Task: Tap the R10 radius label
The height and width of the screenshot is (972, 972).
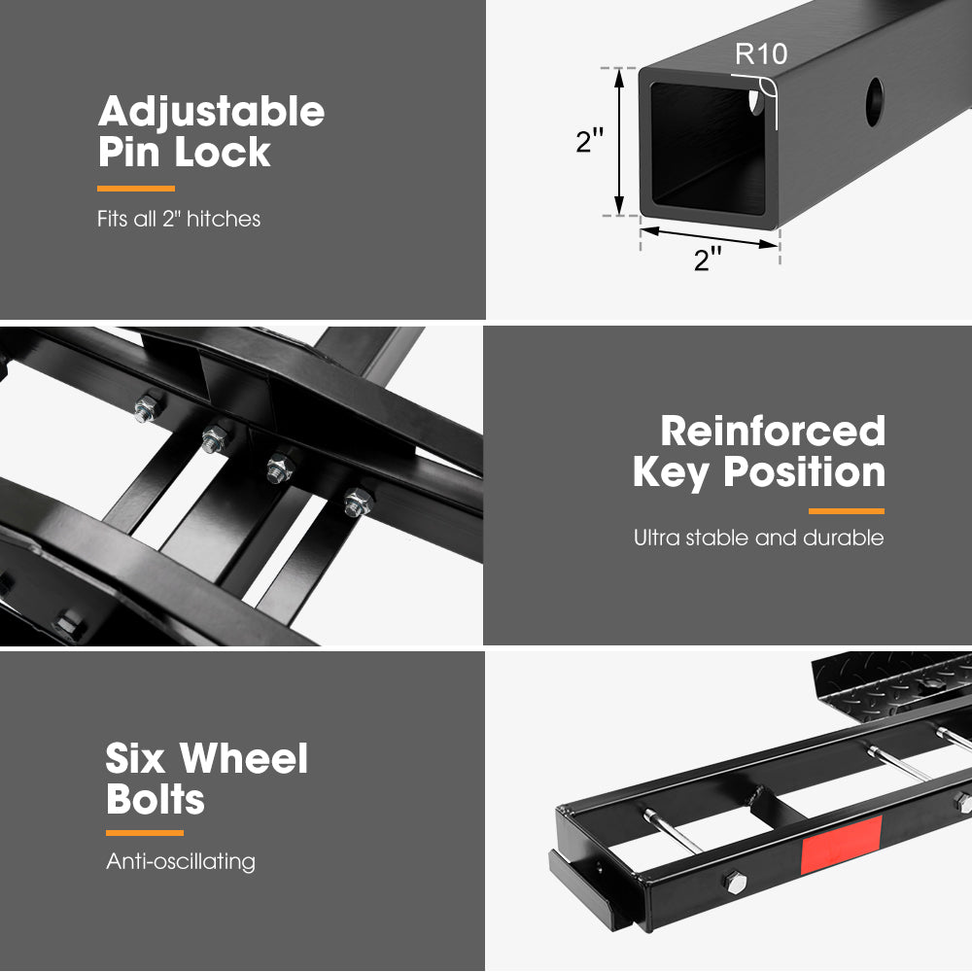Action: [x=761, y=53]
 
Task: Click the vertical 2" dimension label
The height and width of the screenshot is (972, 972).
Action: [x=590, y=141]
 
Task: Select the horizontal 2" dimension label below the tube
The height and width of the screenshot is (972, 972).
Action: [x=708, y=260]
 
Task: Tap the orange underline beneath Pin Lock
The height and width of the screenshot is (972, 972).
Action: [x=136, y=189]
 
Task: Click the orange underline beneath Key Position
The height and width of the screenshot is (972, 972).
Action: [x=847, y=511]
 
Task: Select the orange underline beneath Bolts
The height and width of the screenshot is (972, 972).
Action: [x=145, y=833]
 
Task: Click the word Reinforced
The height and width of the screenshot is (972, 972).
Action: [x=773, y=431]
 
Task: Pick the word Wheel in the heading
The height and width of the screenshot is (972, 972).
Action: [x=244, y=758]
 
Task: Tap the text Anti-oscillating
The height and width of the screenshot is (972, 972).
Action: [x=181, y=861]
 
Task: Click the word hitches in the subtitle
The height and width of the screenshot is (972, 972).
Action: [x=224, y=219]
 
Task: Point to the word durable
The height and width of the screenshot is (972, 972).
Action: [x=843, y=538]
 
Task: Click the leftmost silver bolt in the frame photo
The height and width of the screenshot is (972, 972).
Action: [x=147, y=409]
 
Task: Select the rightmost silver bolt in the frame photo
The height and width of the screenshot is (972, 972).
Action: [x=358, y=502]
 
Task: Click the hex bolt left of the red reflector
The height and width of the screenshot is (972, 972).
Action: [x=735, y=882]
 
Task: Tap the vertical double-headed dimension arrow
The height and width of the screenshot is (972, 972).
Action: [x=618, y=142]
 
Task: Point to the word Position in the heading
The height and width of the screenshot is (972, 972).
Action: [x=805, y=472]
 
